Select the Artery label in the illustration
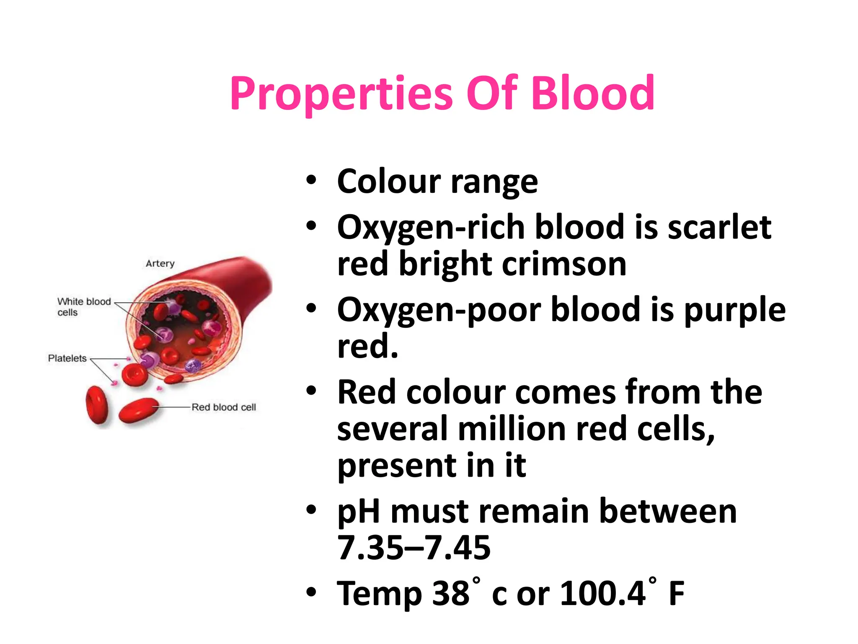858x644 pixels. click(x=160, y=263)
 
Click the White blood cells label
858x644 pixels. click(x=83, y=307)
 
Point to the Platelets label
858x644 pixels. click(x=67, y=358)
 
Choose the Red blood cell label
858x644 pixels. click(x=223, y=407)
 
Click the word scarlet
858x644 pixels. click(x=719, y=227)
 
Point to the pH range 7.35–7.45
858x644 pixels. click(x=413, y=548)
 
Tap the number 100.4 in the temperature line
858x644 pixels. click(x=602, y=593)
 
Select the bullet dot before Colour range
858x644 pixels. click(x=311, y=181)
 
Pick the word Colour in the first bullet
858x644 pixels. click(x=389, y=182)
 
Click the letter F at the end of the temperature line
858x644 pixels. click(x=677, y=593)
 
